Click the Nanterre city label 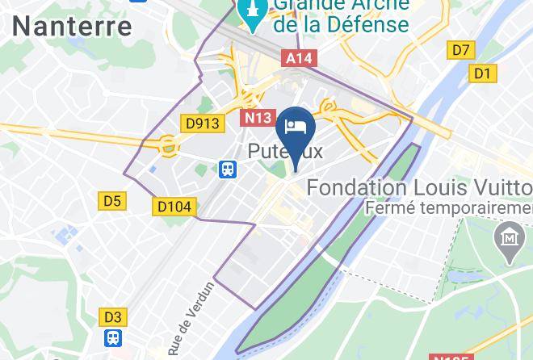click(x=73, y=26)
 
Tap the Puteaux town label click(x=285, y=150)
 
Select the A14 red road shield click(x=297, y=58)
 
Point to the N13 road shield click(x=258, y=118)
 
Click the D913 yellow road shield click(x=203, y=123)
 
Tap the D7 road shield click(x=460, y=51)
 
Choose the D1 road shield click(x=482, y=74)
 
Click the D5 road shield click(x=111, y=201)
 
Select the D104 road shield click(x=174, y=207)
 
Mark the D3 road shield click(x=111, y=317)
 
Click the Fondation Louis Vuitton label click(x=419, y=188)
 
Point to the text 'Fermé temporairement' click(x=448, y=209)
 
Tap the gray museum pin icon click(x=509, y=239)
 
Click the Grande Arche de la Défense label click(x=341, y=16)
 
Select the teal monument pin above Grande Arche click(x=253, y=13)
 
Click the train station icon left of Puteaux click(x=228, y=169)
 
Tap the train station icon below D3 click(x=112, y=337)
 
